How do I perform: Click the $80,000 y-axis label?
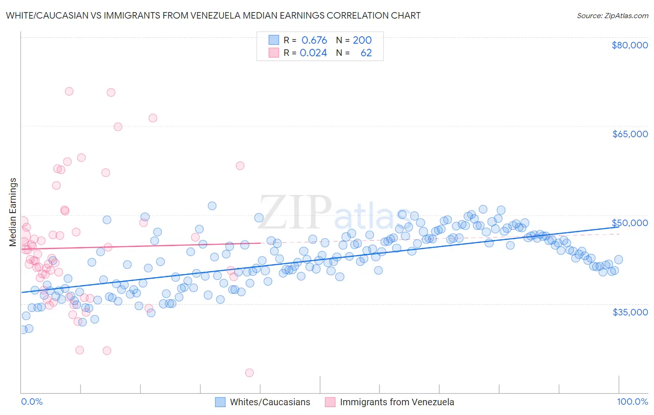(x=630, y=45)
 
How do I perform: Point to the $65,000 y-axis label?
(x=630, y=134)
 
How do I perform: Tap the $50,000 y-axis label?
(x=630, y=223)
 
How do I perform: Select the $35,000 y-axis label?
(x=630, y=312)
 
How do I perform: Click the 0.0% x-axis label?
(x=32, y=402)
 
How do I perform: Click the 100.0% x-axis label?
(x=633, y=402)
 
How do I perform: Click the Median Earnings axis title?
(x=13, y=212)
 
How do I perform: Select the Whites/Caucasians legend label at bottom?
(x=270, y=402)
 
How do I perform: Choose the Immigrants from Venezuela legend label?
(x=397, y=402)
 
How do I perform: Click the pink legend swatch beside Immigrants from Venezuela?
(x=330, y=402)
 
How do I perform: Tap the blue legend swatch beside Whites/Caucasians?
(x=220, y=402)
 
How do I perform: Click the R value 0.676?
(x=314, y=40)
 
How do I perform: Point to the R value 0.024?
(x=313, y=53)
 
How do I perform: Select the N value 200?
(x=362, y=40)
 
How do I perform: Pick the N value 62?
(x=366, y=53)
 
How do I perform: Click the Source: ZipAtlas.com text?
(x=612, y=15)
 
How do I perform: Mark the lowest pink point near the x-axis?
(x=249, y=373)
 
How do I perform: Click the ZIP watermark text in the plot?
(x=295, y=212)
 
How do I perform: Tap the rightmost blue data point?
(x=618, y=260)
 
